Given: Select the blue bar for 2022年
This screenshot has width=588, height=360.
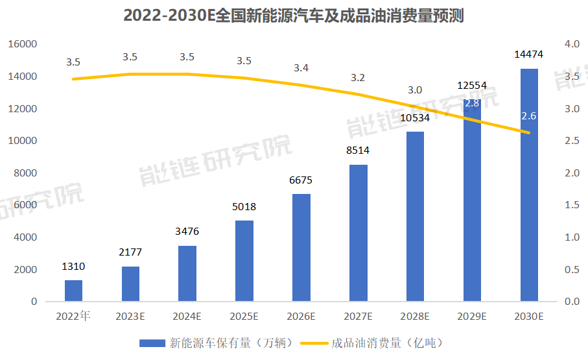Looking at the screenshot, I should tap(73, 291).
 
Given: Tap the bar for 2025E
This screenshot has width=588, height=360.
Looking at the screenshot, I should tap(244, 261).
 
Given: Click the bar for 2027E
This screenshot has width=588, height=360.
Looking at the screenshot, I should tap(359, 233).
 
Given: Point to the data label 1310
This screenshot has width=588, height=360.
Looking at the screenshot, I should tap(73, 267).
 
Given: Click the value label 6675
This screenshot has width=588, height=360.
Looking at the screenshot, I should tap(301, 180).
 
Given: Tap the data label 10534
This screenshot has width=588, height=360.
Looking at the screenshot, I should tap(416, 118).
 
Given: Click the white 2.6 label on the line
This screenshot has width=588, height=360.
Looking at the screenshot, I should tap(529, 116).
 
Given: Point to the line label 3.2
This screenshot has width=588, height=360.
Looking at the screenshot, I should tap(358, 78).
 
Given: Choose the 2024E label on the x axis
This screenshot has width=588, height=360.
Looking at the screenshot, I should tap(187, 317).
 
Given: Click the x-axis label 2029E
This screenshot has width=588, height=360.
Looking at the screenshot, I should tap(473, 317).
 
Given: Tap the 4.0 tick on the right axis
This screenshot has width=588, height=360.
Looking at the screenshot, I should tap(571, 45).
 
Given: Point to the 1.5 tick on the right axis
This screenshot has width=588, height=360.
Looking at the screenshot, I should tap(571, 206).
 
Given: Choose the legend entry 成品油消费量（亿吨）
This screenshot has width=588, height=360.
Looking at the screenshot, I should tap(374, 342).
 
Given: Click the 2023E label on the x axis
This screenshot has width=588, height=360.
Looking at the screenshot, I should tap(130, 317).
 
